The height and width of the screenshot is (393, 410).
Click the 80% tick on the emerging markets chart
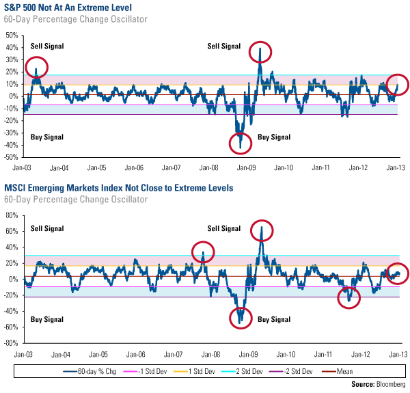11,215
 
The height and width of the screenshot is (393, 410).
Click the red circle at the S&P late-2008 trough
241,142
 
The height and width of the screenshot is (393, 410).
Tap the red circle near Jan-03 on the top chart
37,67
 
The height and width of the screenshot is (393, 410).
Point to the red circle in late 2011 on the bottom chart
349,297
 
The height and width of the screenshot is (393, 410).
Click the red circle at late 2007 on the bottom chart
203,253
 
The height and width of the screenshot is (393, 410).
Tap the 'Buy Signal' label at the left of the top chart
47,137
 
